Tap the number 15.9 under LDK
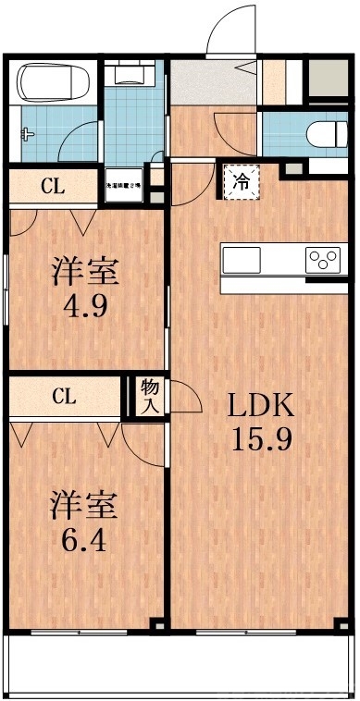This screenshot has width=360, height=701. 261,438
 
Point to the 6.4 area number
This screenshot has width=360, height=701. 83,538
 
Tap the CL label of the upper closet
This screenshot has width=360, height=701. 52,186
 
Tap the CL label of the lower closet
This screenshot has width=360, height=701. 63,397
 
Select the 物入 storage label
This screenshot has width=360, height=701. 149,397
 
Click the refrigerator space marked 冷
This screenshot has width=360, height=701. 240,182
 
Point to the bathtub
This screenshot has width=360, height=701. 52,85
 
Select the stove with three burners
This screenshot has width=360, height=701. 324,259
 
